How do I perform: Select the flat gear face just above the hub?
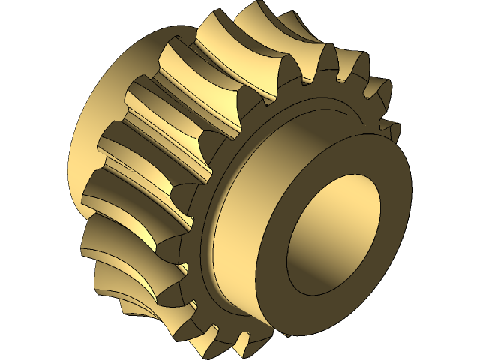coord(315,105)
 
